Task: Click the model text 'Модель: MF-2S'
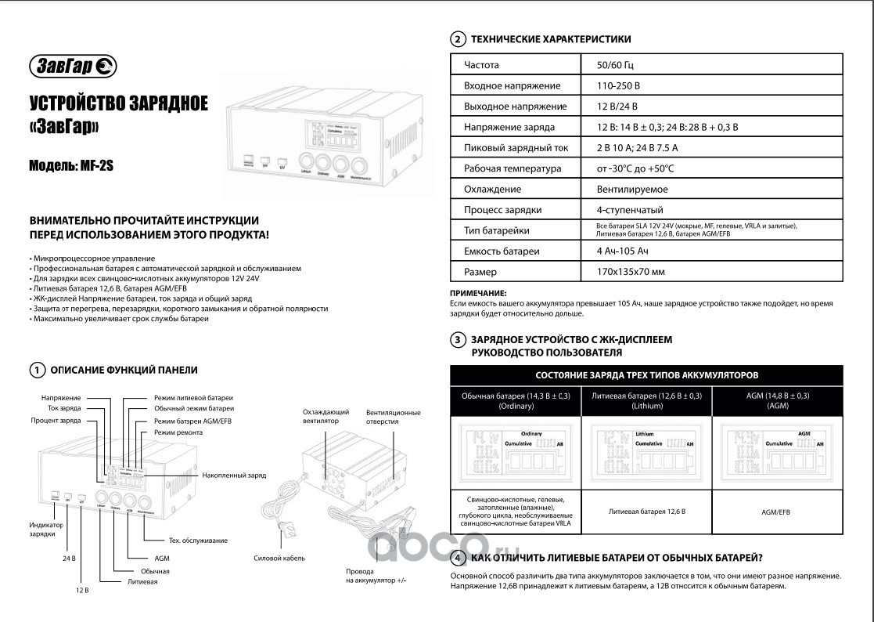(x=70, y=166)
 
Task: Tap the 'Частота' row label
(x=481, y=65)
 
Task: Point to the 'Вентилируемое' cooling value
(x=625, y=189)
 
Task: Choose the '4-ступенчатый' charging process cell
(x=629, y=210)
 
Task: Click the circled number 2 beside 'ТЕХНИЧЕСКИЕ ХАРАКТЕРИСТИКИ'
(x=458, y=39)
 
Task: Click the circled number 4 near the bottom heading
(x=458, y=558)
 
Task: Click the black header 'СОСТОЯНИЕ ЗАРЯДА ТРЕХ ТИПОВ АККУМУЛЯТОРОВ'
(x=646, y=375)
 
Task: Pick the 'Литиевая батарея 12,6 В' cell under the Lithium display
(x=646, y=512)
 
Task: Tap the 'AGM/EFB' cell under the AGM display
(x=776, y=512)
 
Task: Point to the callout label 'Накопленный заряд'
(x=234, y=476)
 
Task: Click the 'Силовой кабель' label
(x=279, y=558)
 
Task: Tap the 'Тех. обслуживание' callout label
(x=198, y=541)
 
